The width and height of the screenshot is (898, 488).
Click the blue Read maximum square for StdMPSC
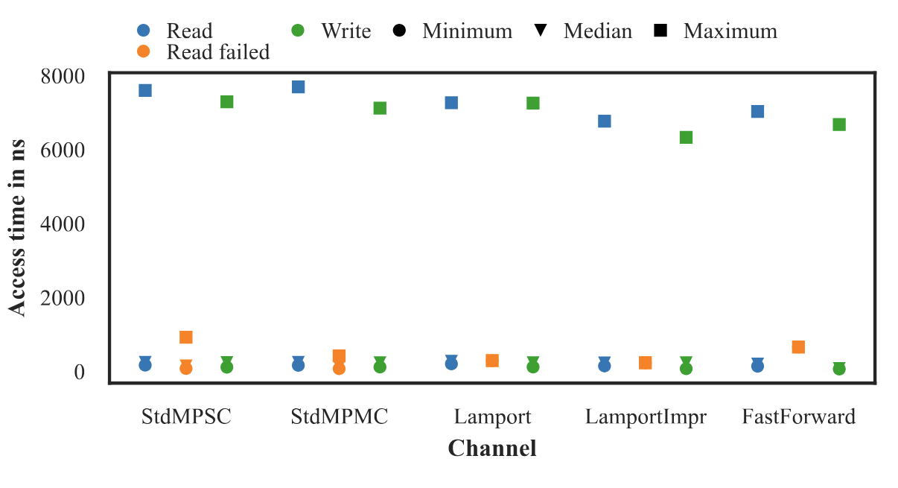[145, 90]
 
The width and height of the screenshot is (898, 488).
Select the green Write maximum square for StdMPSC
[227, 101]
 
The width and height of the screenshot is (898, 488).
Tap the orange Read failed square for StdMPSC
[186, 338]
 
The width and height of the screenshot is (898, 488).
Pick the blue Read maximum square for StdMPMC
[299, 86]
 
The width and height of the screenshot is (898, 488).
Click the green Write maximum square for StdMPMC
[380, 108]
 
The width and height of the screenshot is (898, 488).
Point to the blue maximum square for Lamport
[451, 102]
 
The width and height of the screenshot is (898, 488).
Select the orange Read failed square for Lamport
[492, 361]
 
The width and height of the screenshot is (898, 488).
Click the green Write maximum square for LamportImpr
[687, 137]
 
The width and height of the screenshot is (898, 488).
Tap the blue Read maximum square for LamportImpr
[605, 121]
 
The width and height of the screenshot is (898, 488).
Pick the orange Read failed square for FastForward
[798, 347]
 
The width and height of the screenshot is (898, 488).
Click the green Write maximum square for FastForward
[839, 124]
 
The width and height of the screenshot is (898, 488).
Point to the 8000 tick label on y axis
[63, 77]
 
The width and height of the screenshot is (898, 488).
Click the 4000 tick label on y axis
[63, 224]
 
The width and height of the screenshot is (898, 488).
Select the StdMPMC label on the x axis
[340, 416]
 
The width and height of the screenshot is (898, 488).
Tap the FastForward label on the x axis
[798, 416]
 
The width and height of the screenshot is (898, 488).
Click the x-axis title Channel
[492, 449]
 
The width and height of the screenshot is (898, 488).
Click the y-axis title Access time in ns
[18, 227]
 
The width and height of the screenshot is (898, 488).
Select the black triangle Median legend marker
[541, 31]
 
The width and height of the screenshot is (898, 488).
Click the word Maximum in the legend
[730, 31]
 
